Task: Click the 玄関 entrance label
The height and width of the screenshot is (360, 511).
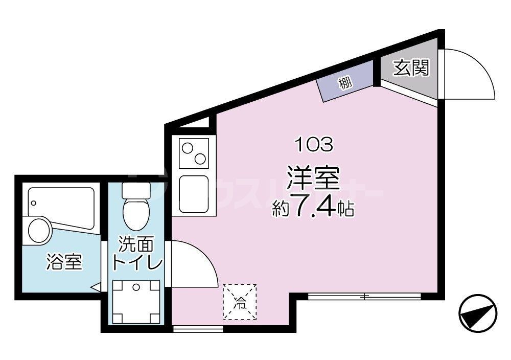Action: [410, 69]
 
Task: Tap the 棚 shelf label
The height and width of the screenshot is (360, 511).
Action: [345, 83]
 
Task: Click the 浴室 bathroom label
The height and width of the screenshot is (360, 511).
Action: [64, 262]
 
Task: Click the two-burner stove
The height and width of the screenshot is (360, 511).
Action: [195, 152]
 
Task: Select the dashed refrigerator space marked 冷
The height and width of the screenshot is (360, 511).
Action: [240, 302]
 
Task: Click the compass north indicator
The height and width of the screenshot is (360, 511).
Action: [478, 312]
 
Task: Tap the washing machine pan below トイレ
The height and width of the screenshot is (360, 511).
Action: [136, 302]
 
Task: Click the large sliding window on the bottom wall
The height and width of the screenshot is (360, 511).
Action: [364, 296]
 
